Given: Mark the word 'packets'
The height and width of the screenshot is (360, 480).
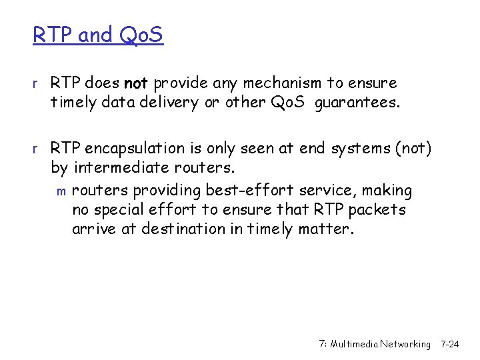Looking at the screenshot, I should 375,210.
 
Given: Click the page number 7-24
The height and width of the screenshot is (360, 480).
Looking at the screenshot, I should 450,344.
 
